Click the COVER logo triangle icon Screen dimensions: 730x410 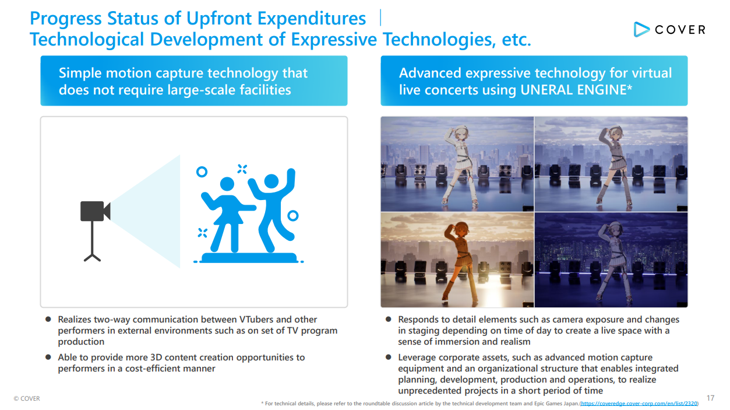pyautogui.click(x=641, y=30)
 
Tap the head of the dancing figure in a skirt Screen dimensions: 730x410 pyautogui.click(x=227, y=184)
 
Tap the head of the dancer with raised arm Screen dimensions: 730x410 pyautogui.click(x=271, y=181)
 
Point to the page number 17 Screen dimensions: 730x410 pyautogui.click(x=710, y=398)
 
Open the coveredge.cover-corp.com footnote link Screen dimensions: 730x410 pyautogui.click(x=639, y=404)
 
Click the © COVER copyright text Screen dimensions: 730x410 pyautogui.click(x=27, y=398)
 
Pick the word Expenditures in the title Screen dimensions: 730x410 pyautogui.click(x=312, y=19)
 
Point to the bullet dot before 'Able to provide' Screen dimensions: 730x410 pyautogui.click(x=48, y=357)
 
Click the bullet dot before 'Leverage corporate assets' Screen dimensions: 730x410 pyautogui.click(x=388, y=357)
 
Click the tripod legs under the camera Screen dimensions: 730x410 pyautogui.click(x=92, y=257)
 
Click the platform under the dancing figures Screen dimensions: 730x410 pyautogui.click(x=249, y=258)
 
